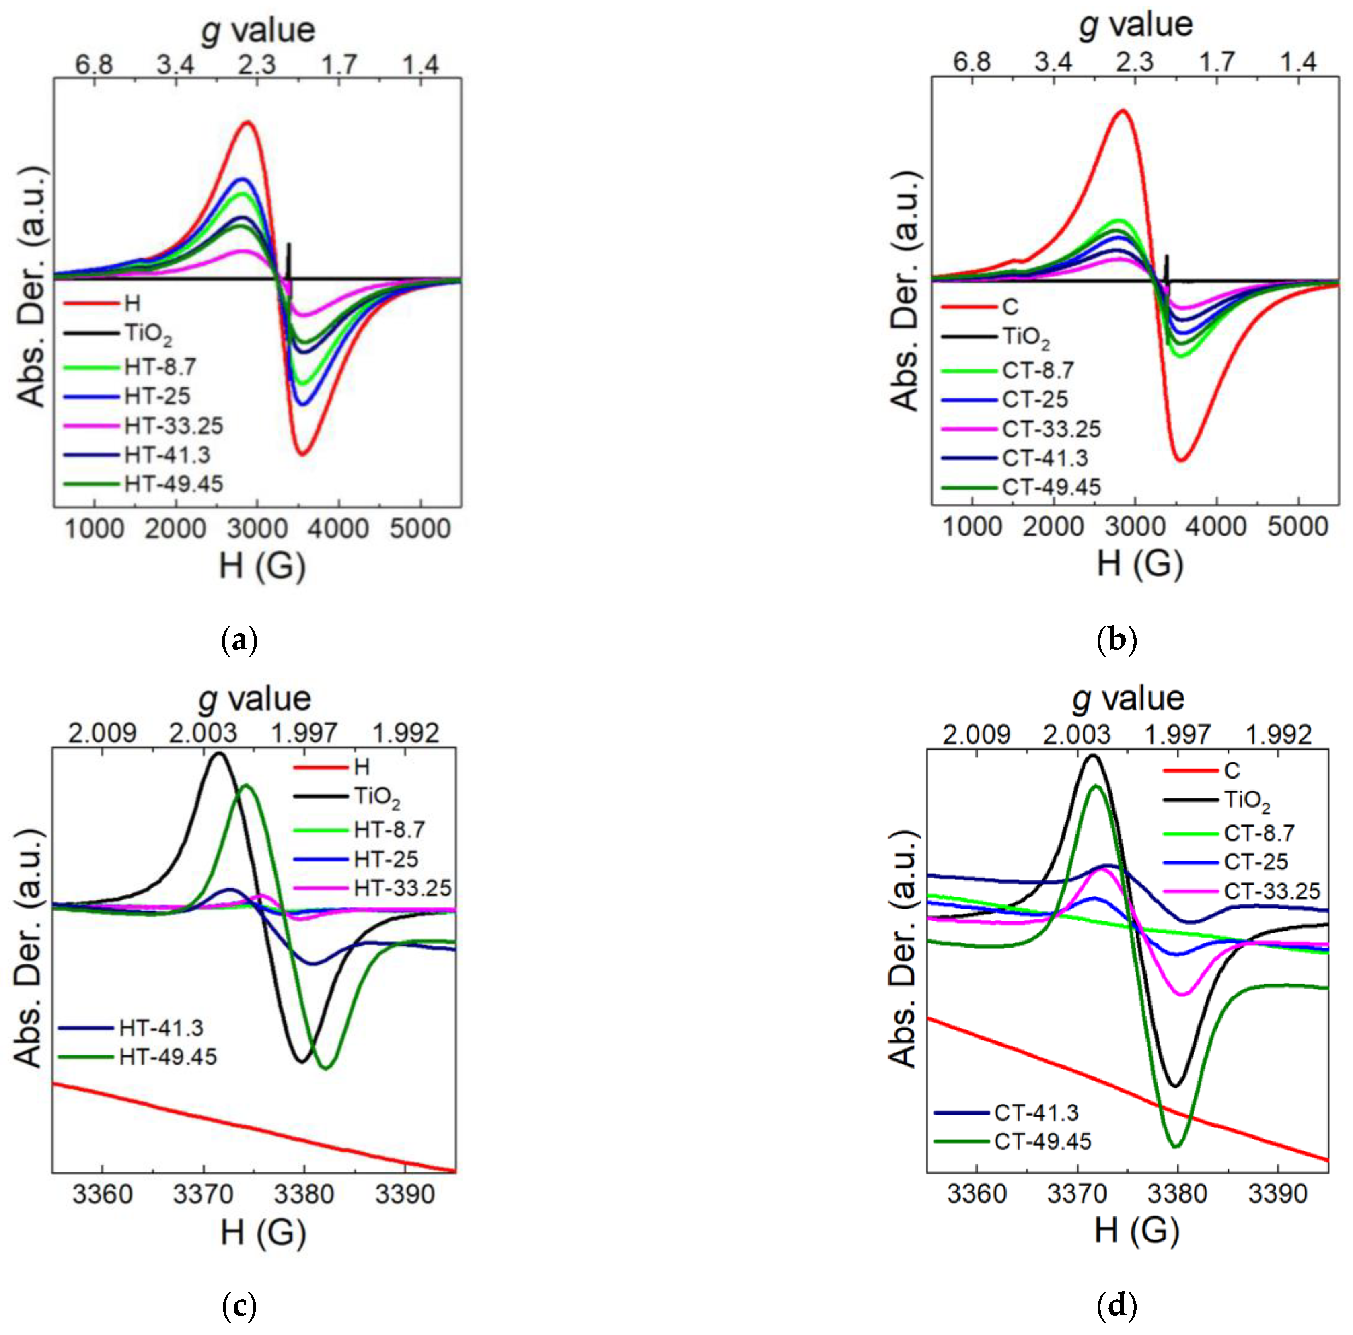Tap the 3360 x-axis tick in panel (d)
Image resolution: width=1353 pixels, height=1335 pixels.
(x=976, y=1193)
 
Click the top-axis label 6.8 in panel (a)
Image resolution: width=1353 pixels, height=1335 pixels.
(x=95, y=65)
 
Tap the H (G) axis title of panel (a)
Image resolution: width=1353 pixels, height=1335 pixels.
(x=262, y=565)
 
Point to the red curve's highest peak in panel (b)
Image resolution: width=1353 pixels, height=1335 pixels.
(x=1123, y=110)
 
